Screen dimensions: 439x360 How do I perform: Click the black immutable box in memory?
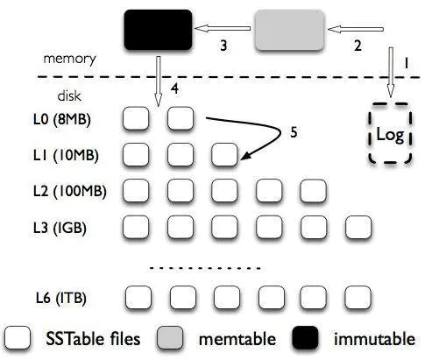click(158, 30)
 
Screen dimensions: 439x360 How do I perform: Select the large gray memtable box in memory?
click(289, 30)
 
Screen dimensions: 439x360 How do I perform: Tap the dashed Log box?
click(390, 133)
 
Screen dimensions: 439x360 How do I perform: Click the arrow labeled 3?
click(223, 29)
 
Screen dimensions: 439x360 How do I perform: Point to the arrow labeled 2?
click(356, 29)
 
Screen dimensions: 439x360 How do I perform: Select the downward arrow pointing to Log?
click(391, 72)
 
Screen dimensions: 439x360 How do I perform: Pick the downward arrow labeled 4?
click(158, 81)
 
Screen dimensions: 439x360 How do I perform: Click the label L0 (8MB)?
click(62, 119)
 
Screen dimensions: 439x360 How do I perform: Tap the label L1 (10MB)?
click(66, 155)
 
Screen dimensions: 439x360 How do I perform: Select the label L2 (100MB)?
click(70, 191)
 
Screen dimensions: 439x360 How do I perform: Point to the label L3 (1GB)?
click(60, 228)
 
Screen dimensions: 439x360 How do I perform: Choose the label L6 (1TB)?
click(61, 298)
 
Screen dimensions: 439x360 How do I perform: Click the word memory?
click(69, 59)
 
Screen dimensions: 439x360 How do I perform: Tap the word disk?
click(69, 95)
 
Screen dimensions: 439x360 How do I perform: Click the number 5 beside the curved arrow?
click(294, 132)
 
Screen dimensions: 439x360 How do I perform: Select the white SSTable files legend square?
click(18, 337)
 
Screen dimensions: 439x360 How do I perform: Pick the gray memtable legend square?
click(170, 337)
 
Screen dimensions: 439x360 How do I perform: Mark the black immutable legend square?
click(305, 337)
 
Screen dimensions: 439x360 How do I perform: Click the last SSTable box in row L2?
click(313, 191)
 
